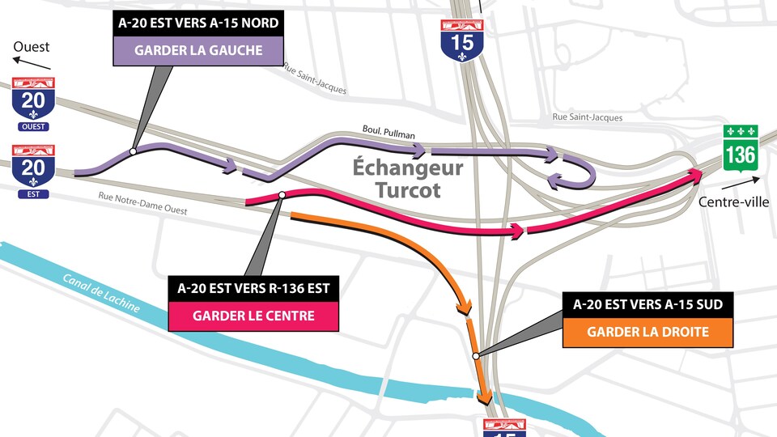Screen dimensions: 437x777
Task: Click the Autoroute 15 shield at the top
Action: click(463, 40)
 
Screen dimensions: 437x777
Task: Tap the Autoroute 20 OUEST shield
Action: click(33, 104)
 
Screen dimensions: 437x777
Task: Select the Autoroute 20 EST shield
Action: click(33, 172)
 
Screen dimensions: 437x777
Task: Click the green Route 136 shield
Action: click(740, 149)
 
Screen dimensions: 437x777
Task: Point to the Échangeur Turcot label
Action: click(408, 179)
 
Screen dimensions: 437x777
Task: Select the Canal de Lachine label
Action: click(101, 294)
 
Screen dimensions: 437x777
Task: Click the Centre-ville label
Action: click(733, 202)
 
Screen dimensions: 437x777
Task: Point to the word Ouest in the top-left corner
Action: click(32, 47)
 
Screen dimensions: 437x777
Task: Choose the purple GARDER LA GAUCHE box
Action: click(198, 51)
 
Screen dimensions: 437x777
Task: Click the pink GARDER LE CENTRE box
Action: click(253, 316)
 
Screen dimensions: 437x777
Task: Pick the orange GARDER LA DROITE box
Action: click(647, 331)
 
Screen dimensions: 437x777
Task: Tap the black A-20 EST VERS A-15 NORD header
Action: click(198, 23)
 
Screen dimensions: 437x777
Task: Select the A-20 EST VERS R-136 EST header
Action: click(253, 288)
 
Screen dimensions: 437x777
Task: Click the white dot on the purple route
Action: click(133, 151)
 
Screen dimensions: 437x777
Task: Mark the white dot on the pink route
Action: click(282, 195)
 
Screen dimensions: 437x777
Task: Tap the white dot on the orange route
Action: click(476, 355)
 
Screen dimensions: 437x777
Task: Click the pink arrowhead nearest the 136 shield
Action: click(695, 173)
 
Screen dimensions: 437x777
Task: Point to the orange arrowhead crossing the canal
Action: click(485, 397)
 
